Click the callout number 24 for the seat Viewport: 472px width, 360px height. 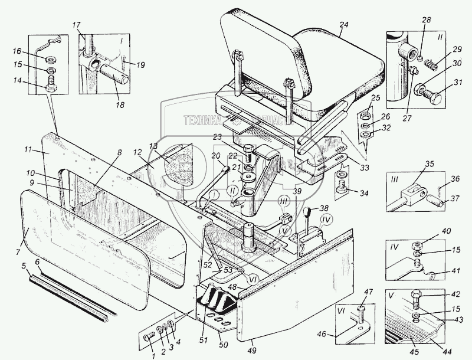pos(344,24)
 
